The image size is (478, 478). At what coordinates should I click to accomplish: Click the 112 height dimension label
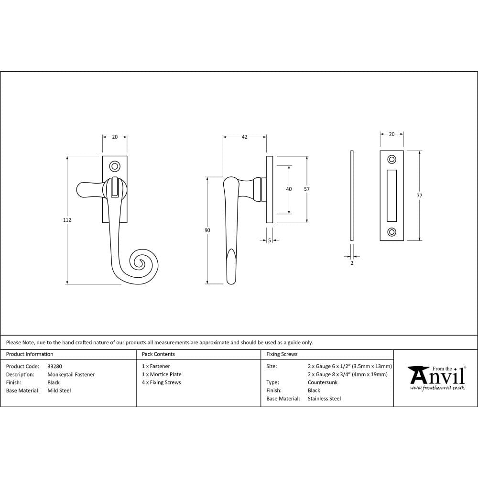point(67,220)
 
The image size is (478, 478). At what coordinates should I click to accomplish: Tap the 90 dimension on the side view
point(207,230)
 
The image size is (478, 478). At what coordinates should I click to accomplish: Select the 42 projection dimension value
point(244,137)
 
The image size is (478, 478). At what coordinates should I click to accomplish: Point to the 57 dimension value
point(307,189)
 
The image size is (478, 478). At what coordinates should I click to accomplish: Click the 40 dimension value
point(289,189)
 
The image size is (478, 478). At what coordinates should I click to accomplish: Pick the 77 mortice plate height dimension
point(420,196)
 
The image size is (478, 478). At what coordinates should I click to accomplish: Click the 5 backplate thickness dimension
point(270,240)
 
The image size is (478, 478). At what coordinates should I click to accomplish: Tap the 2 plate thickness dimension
point(352,263)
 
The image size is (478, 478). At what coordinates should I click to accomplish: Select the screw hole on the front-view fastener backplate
point(115,166)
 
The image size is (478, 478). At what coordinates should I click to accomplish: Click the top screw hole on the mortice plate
point(391,159)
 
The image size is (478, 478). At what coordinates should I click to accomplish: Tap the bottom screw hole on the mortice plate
point(391,232)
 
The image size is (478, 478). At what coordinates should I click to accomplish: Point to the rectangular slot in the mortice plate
point(391,196)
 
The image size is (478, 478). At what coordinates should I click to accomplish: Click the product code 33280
point(54,366)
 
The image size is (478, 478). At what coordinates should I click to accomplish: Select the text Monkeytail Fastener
point(71,374)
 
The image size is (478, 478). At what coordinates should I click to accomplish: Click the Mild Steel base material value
point(59,391)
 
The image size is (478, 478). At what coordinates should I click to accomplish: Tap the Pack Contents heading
point(158,354)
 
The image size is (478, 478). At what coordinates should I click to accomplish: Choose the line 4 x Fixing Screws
point(162,382)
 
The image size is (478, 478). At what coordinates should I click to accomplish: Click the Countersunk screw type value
point(323,382)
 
